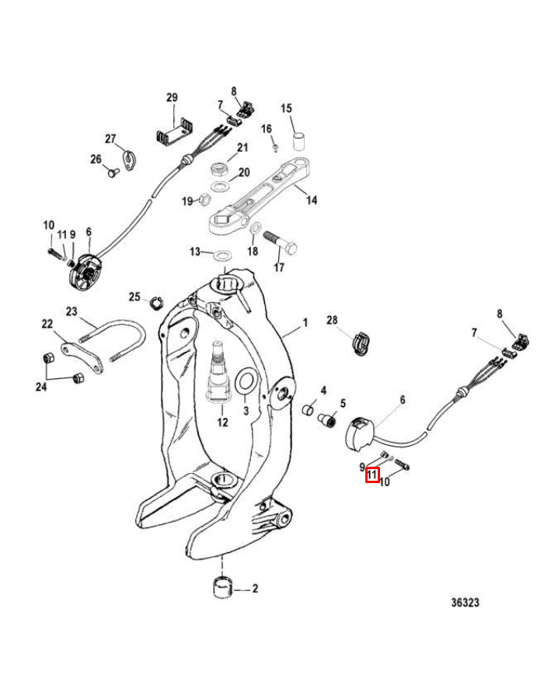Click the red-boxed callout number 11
click(x=372, y=476)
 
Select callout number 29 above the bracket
click(x=172, y=98)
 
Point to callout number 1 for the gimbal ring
click(x=305, y=322)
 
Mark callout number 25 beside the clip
click(x=134, y=297)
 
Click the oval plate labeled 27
click(x=128, y=158)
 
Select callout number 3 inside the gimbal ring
click(x=246, y=411)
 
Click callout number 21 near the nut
click(x=242, y=148)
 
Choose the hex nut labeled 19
click(x=204, y=201)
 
